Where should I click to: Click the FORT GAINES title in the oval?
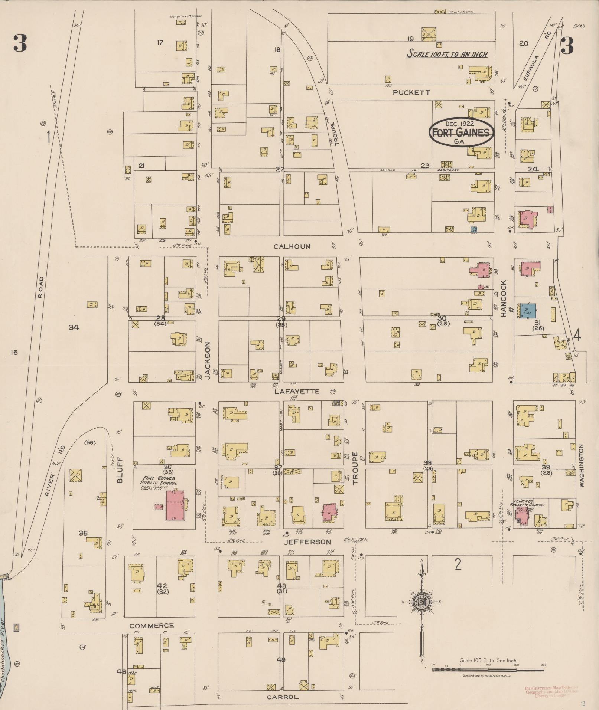click(x=461, y=132)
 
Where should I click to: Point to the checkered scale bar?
click(x=488, y=670)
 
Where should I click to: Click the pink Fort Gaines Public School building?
click(x=176, y=505)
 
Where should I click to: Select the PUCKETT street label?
click(x=411, y=92)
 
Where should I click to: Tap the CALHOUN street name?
click(x=292, y=246)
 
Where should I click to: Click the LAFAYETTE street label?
click(x=297, y=391)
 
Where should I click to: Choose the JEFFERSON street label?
click(x=307, y=542)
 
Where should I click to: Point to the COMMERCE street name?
click(x=152, y=626)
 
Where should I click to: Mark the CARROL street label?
click(x=283, y=697)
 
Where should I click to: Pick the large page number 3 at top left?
click(x=20, y=43)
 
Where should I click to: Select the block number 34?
click(x=74, y=327)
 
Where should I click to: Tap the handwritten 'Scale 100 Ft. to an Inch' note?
click(x=447, y=54)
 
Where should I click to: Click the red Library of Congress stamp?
click(x=551, y=691)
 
